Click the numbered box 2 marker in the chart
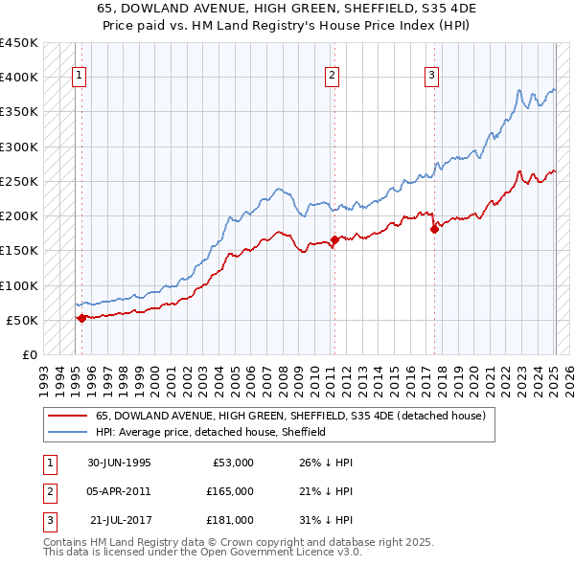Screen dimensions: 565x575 pyautogui.click(x=331, y=77)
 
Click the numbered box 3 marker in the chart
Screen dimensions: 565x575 pyautogui.click(x=431, y=77)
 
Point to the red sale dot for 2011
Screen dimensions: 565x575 pyautogui.click(x=334, y=239)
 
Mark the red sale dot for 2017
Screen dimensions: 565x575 pyautogui.click(x=435, y=228)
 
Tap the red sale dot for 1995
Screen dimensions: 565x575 pyautogui.click(x=81, y=318)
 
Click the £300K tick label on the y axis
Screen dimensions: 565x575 pyautogui.click(x=19, y=147)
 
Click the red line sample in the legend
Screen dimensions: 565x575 pyautogui.click(x=67, y=417)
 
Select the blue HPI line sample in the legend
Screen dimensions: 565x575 pyautogui.click(x=67, y=432)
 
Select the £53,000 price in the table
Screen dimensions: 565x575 pyautogui.click(x=232, y=463)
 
